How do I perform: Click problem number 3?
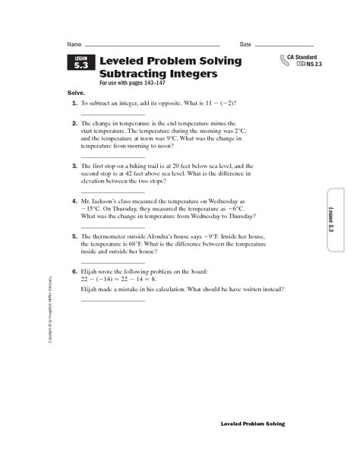click(x=74, y=165)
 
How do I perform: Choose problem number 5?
click(x=74, y=236)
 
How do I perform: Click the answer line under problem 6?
click(x=112, y=299)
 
